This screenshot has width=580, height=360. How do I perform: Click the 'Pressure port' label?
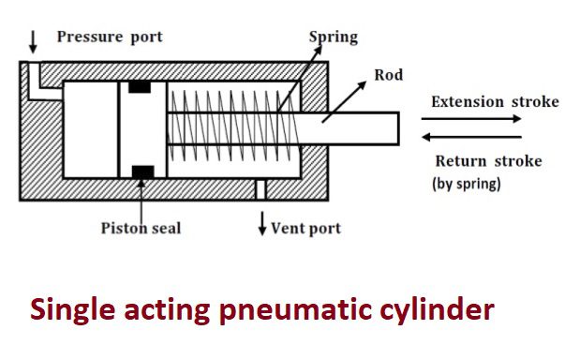click(110, 37)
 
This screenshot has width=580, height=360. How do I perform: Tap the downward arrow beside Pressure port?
click(33, 42)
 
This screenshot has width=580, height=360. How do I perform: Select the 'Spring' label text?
click(334, 37)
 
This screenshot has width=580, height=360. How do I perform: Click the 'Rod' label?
click(389, 75)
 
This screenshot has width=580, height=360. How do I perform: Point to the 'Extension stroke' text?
click(495, 102)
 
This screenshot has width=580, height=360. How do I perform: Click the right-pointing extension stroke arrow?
click(471, 119)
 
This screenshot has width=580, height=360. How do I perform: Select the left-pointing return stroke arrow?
click(471, 137)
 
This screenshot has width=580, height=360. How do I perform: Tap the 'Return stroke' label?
click(488, 161)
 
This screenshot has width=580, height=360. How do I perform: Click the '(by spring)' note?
click(467, 184)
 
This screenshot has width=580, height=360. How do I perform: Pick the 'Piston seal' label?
click(141, 229)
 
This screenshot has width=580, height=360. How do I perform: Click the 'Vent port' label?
click(305, 229)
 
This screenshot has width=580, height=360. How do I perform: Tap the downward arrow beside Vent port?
click(262, 223)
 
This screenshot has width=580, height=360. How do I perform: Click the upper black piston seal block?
click(140, 87)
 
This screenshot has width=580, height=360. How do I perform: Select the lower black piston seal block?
click(142, 172)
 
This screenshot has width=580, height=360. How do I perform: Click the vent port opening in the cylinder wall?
click(260, 189)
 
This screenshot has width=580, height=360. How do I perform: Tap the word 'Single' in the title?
click(72, 310)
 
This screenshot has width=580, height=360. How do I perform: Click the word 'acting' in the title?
click(167, 311)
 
